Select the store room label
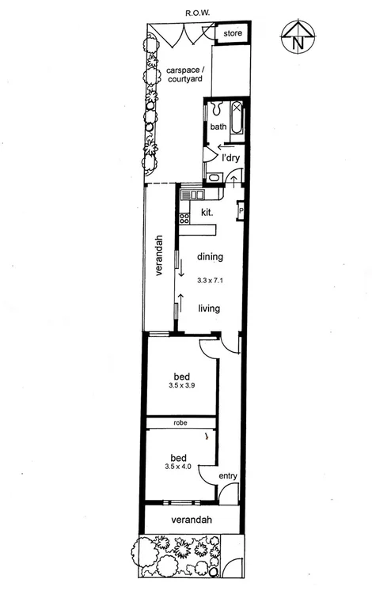(x=232, y=34)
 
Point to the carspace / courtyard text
(x=184, y=75)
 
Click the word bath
(x=218, y=127)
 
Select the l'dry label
(x=230, y=158)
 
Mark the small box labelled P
(x=241, y=211)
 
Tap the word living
(x=210, y=309)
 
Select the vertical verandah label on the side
(x=158, y=254)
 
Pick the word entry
(x=227, y=475)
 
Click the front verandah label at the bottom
(x=192, y=520)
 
